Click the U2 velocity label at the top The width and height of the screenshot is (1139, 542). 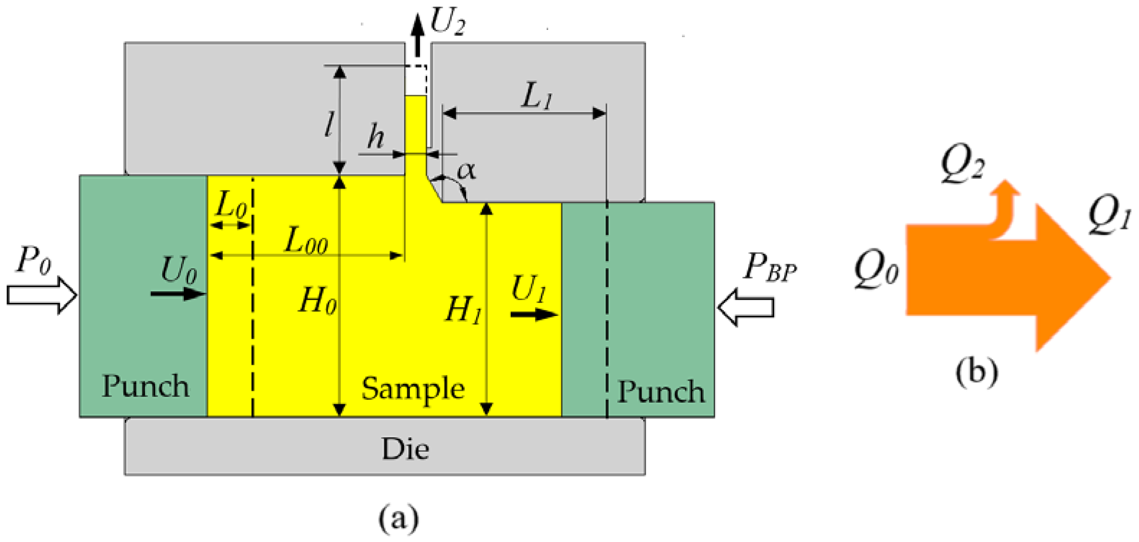(x=447, y=23)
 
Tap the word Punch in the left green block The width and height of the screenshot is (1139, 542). (x=146, y=386)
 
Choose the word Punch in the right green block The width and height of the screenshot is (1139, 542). (x=661, y=392)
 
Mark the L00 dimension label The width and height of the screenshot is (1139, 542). (x=306, y=242)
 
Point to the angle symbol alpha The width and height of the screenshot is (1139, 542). (x=466, y=170)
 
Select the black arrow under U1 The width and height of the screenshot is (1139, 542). (x=534, y=314)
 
